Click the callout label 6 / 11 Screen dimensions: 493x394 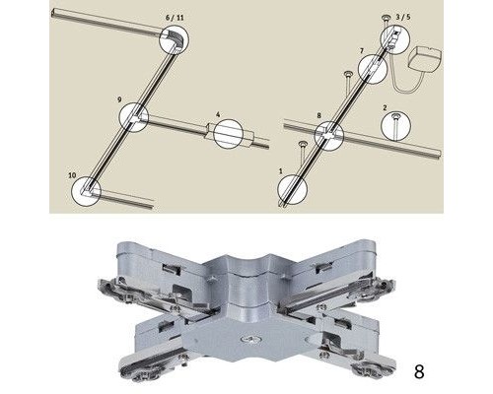tap(175, 18)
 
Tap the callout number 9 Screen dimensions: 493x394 tap(119, 99)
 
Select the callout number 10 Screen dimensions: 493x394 tap(72, 175)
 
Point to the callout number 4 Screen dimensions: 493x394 tap(218, 114)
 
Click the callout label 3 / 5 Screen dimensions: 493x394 tap(403, 17)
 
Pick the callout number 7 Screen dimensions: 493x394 tap(362, 51)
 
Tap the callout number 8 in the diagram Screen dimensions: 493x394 tap(318, 115)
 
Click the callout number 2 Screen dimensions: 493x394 tap(385, 107)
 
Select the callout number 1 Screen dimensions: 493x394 tap(280, 171)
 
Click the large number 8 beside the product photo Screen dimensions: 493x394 tap(419, 371)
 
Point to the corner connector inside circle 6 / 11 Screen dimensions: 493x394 tap(174, 40)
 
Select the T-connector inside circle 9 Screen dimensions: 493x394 tap(135, 117)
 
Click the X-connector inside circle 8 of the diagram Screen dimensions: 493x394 tap(329, 135)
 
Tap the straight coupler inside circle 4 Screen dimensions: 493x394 tap(229, 134)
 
